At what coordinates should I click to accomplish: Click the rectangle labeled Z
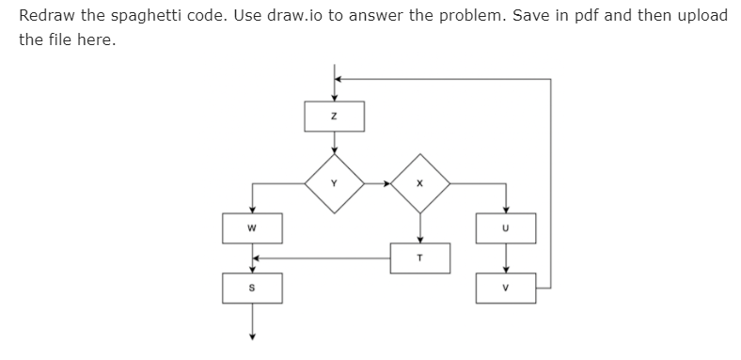click(334, 116)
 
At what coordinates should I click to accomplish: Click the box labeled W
click(251, 227)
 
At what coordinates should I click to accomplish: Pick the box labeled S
click(251, 288)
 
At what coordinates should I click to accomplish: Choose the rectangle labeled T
click(420, 257)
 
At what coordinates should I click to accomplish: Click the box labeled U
click(506, 227)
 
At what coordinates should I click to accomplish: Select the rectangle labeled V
click(506, 288)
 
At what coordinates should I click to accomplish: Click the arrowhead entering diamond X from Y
click(387, 182)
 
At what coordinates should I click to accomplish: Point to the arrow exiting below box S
click(251, 324)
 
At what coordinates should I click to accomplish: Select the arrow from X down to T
click(420, 226)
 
